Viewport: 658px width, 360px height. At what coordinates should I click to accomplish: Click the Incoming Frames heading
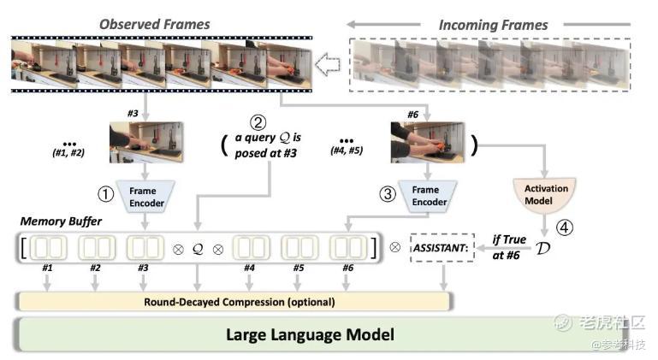point(494,26)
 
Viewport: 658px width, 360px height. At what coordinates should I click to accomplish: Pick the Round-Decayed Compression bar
point(233,301)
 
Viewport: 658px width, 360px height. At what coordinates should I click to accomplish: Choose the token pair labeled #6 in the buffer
point(347,249)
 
